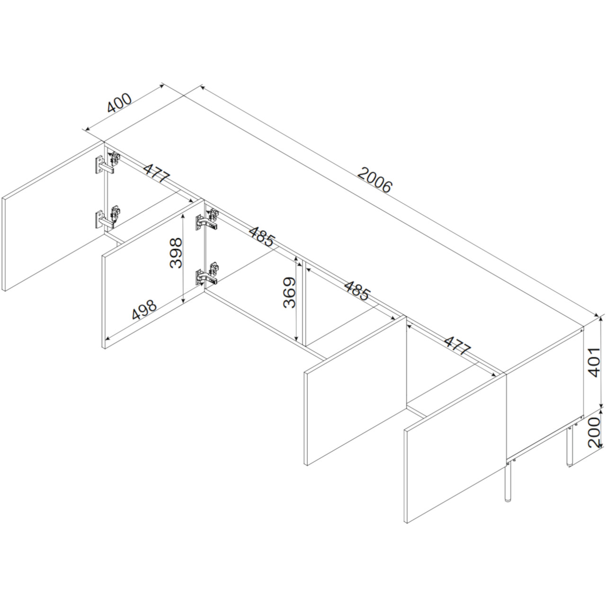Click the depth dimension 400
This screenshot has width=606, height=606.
[x=119, y=103]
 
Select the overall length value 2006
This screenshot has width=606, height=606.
[x=375, y=180]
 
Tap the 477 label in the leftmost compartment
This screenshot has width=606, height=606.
[x=157, y=173]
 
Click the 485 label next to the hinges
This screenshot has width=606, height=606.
[x=262, y=236]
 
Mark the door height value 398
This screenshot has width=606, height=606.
[x=176, y=253]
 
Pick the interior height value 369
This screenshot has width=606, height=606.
[x=289, y=293]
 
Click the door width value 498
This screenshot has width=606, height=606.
[x=144, y=310]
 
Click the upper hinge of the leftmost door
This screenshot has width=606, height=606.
[x=107, y=163]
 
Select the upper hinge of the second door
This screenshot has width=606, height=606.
[x=207, y=220]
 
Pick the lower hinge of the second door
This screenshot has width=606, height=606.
[x=207, y=274]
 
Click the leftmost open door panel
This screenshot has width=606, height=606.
[x=53, y=216]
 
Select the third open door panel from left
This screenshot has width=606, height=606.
[x=356, y=391]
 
